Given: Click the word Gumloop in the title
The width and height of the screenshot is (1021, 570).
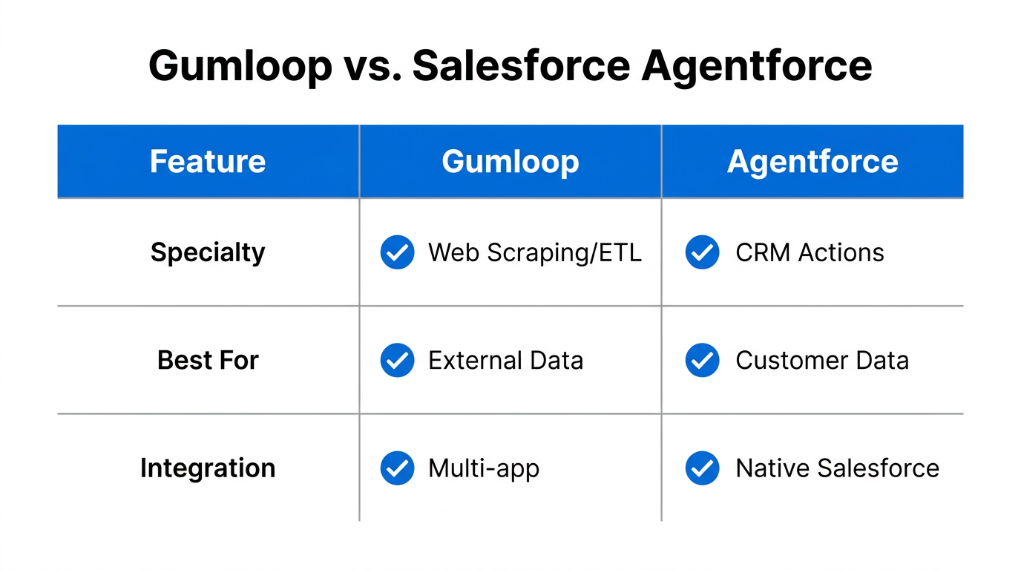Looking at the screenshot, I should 240,66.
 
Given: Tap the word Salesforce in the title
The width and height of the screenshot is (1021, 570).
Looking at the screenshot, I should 521,66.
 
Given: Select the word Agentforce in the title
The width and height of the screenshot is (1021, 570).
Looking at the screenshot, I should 757,66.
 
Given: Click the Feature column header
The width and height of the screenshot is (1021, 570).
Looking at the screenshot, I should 208,162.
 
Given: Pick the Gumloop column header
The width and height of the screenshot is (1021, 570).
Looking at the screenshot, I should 510,162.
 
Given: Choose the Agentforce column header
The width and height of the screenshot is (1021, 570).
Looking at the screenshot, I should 812,162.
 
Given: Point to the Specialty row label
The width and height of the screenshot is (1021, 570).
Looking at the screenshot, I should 208,253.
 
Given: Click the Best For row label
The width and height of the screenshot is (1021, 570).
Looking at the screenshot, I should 208,361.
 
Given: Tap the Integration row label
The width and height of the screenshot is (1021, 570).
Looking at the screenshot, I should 208,468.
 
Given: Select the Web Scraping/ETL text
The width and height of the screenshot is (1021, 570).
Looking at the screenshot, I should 534,253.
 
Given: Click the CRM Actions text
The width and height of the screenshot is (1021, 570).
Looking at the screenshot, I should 810,253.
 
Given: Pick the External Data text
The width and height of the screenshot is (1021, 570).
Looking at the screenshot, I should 505,361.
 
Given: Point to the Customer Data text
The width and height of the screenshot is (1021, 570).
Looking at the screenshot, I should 821,361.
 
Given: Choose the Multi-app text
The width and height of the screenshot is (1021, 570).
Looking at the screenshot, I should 484,469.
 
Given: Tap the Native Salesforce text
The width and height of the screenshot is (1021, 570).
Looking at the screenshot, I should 837,468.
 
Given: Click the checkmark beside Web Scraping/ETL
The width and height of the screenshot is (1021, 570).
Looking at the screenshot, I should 397,253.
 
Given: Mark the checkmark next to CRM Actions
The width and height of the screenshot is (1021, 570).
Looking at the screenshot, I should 702,253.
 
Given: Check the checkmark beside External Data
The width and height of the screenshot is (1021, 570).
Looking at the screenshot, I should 397,361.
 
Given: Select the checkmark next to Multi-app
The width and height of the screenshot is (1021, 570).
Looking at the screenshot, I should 397,468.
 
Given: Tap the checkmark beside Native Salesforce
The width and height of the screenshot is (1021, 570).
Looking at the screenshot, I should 702,468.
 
